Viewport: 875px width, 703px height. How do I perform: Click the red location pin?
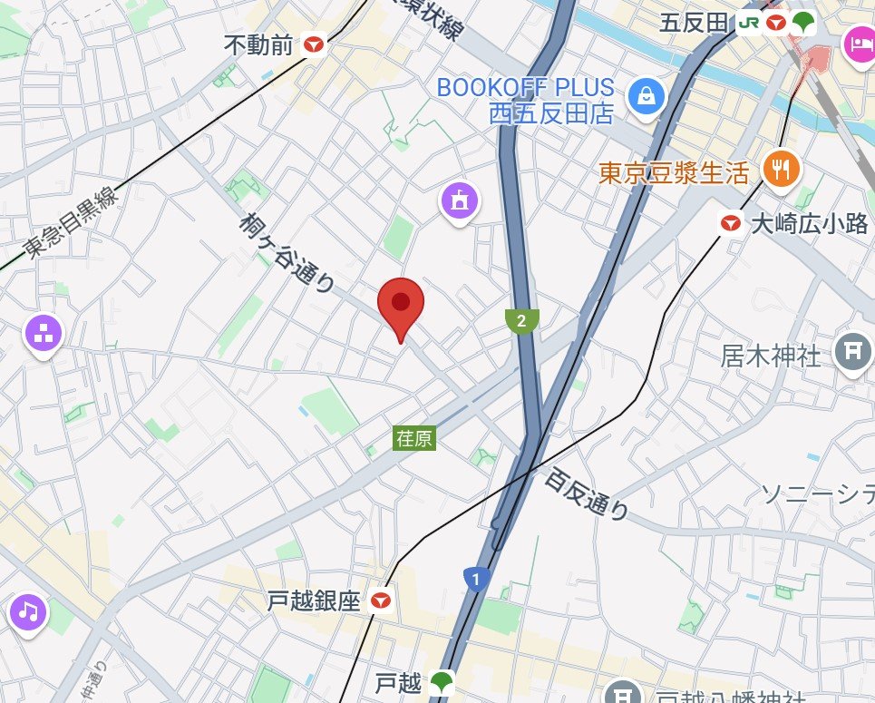[400, 304]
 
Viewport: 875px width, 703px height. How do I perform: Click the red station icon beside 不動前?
[315, 44]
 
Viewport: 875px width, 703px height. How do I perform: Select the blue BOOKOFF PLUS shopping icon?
[646, 94]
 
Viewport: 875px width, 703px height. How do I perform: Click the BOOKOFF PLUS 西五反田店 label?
[526, 101]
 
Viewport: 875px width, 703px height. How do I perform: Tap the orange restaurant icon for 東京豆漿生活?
[780, 169]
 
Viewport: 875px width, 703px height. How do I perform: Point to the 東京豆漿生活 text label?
[674, 172]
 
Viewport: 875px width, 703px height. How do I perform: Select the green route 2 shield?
[521, 320]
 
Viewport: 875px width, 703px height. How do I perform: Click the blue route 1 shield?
[474, 578]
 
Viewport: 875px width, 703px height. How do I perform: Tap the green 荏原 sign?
[414, 438]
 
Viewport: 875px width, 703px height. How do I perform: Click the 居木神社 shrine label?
[772, 355]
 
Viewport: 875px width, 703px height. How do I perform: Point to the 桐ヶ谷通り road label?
[288, 253]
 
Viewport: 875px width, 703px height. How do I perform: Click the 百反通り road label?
[588, 493]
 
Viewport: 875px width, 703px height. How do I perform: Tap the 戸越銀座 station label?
[315, 600]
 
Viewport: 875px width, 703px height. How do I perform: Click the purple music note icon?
[29, 611]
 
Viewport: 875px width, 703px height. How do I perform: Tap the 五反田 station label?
[695, 23]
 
